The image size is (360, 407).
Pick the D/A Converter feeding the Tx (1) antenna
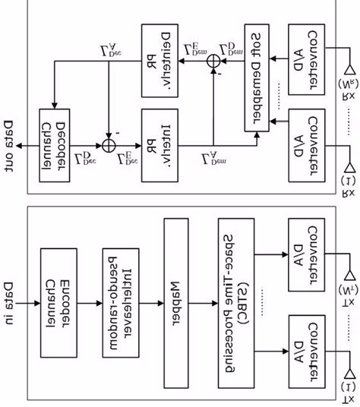point(302,345)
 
